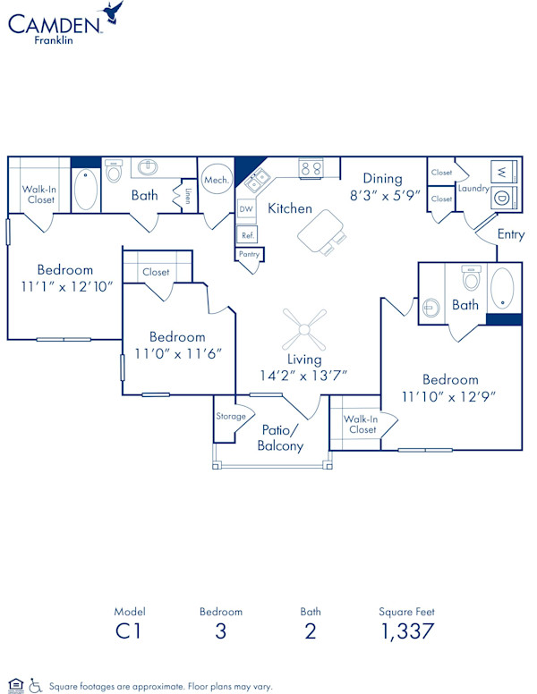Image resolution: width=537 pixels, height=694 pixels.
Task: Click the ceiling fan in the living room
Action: coord(304,329)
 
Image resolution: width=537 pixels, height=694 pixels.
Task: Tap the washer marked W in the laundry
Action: coord(504,172)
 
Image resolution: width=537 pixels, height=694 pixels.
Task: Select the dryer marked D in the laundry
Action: coord(504,198)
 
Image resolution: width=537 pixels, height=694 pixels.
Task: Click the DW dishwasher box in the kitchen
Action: coord(246,209)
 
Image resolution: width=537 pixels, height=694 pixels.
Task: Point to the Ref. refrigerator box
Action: coord(247,235)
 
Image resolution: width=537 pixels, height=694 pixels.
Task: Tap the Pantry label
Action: coord(249,254)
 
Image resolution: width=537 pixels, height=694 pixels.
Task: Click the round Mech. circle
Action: coord(217,179)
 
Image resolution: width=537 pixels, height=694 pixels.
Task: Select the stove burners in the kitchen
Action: coord(311,169)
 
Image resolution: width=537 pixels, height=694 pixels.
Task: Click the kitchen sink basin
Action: coord(257,180)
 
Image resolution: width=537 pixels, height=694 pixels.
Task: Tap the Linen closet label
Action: coord(188,196)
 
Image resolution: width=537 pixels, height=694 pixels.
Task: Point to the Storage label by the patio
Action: coord(231,416)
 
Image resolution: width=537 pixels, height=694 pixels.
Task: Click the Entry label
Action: coord(511,234)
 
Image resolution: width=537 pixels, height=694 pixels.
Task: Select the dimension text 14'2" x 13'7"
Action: coord(303,376)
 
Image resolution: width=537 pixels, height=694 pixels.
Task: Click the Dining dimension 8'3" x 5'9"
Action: coord(385,195)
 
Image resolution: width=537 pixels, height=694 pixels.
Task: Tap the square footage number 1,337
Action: coord(407,631)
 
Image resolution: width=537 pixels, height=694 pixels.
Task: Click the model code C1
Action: coord(129,631)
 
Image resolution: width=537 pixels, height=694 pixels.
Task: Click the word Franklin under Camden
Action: coord(54,40)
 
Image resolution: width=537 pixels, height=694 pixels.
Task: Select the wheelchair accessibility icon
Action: coord(36,685)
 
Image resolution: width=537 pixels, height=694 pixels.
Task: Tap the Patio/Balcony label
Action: coord(280,437)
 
